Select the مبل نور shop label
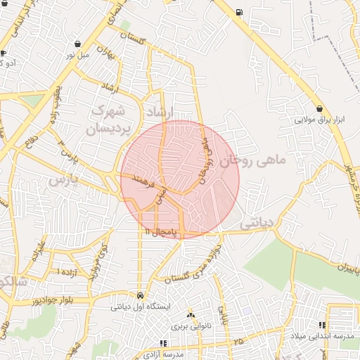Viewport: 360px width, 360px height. [77, 54]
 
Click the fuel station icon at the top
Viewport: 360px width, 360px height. [240, 12]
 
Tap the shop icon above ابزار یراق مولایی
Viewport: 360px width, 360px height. [321, 109]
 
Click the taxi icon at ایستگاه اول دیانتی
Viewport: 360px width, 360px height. [141, 296]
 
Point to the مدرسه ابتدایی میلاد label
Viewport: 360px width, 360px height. [322, 337]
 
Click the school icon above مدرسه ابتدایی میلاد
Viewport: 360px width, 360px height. [323, 326]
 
